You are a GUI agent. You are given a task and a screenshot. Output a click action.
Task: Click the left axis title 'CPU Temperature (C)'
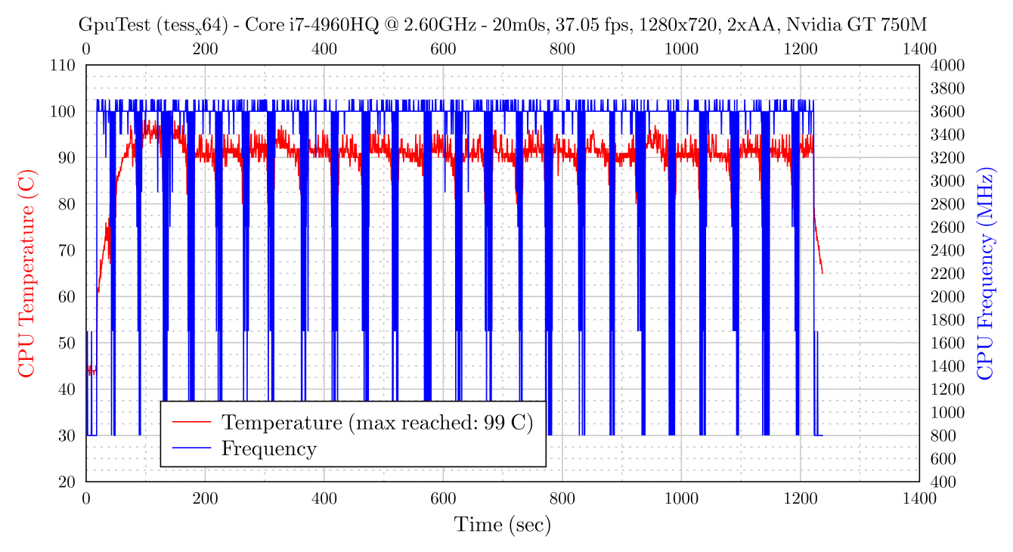(26, 273)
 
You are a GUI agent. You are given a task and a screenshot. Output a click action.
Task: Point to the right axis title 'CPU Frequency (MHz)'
(984, 273)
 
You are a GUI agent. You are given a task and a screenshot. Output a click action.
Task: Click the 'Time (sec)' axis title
(502, 524)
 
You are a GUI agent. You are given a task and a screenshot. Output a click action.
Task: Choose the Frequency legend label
(268, 448)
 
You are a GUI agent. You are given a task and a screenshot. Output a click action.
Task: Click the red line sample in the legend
(191, 421)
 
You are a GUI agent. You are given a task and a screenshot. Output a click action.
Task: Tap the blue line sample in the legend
(191, 448)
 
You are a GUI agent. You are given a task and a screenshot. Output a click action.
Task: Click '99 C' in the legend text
(509, 421)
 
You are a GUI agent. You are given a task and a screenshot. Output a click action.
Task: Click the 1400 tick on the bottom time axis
(919, 498)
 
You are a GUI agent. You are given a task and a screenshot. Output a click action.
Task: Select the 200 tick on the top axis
(205, 49)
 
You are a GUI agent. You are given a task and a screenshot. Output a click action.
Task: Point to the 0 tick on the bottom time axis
(86, 498)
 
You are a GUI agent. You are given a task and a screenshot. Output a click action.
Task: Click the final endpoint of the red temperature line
(822, 274)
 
